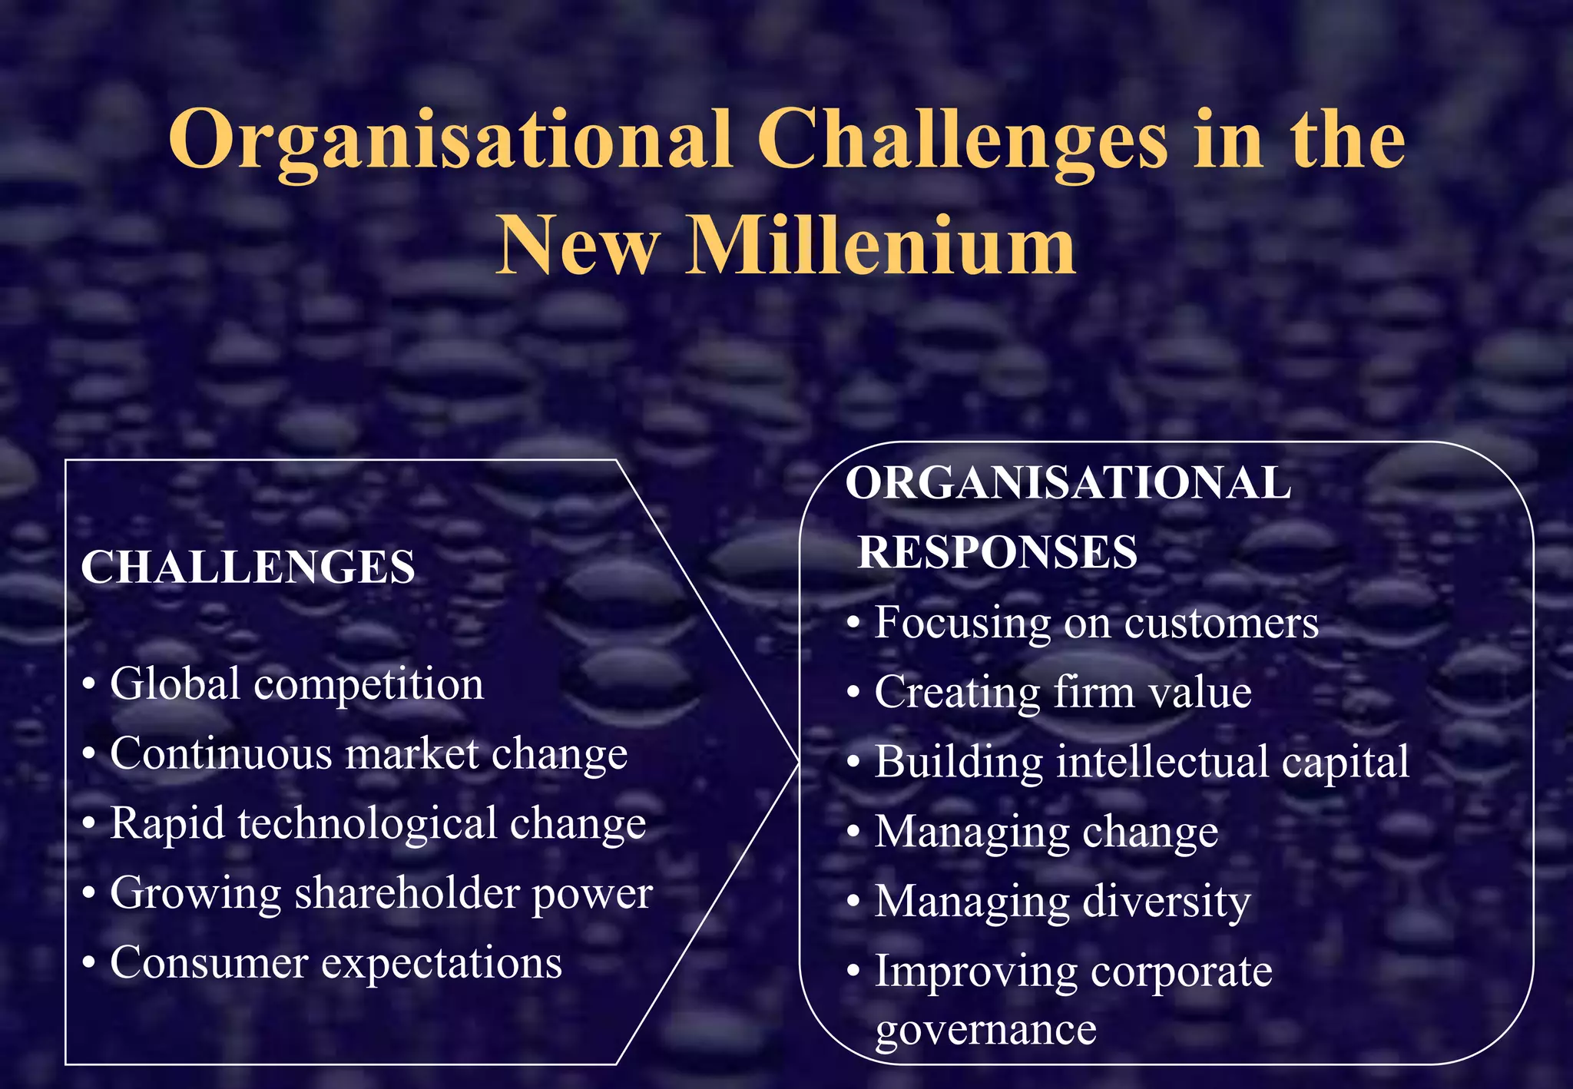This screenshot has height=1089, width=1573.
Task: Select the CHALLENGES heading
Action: coord(248,568)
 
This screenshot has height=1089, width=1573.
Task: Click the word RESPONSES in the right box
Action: coord(997,552)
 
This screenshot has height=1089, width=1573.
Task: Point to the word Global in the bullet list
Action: coord(175,684)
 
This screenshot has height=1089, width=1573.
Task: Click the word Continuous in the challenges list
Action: coord(221,753)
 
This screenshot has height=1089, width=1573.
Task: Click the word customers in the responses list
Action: coord(1221,623)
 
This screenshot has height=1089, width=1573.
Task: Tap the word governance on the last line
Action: coord(985,1031)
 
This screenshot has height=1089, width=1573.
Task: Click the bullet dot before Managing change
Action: coord(853,832)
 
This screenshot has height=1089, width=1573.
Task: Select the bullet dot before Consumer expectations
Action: coord(90,963)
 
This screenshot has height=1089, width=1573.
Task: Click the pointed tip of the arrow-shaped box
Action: coord(798,761)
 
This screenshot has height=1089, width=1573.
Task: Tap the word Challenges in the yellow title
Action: coord(962,140)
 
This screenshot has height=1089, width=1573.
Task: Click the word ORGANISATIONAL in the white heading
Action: coord(1068,483)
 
